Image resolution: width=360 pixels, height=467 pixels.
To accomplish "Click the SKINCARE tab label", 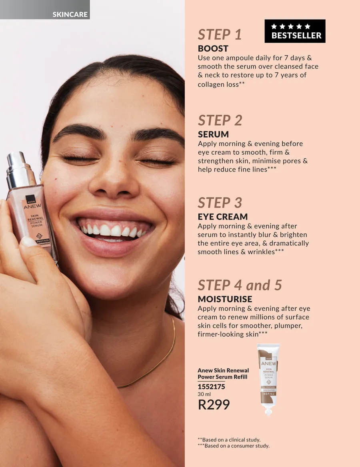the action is pos(70,14).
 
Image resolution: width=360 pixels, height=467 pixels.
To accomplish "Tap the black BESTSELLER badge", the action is pos(295,31).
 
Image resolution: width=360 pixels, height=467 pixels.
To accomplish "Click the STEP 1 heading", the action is pos(220,34).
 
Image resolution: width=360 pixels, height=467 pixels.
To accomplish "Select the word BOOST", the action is pos(213,48).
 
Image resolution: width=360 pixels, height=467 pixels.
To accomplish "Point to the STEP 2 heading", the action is pos(220,120).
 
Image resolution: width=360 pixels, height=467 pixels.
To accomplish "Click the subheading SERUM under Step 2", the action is pos(213,134).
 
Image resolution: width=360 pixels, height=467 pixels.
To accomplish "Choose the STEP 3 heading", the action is pos(220,203).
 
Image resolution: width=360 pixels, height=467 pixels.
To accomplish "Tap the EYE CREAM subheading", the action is pos(223,217).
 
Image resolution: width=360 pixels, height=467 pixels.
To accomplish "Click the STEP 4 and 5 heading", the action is pos(240,285).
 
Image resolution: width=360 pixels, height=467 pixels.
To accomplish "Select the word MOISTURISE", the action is pos(225,299).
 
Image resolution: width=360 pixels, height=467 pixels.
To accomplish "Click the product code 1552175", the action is pos(211,387).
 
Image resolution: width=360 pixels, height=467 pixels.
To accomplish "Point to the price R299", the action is pos(214,405).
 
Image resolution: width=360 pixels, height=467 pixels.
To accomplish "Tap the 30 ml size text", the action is pos(204,394).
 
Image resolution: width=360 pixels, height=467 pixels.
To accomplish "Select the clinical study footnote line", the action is pos(229,439).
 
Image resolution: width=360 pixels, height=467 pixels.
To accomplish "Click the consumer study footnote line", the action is pos(233,446).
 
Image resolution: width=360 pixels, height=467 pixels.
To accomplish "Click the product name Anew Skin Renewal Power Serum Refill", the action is pos(223,373).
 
